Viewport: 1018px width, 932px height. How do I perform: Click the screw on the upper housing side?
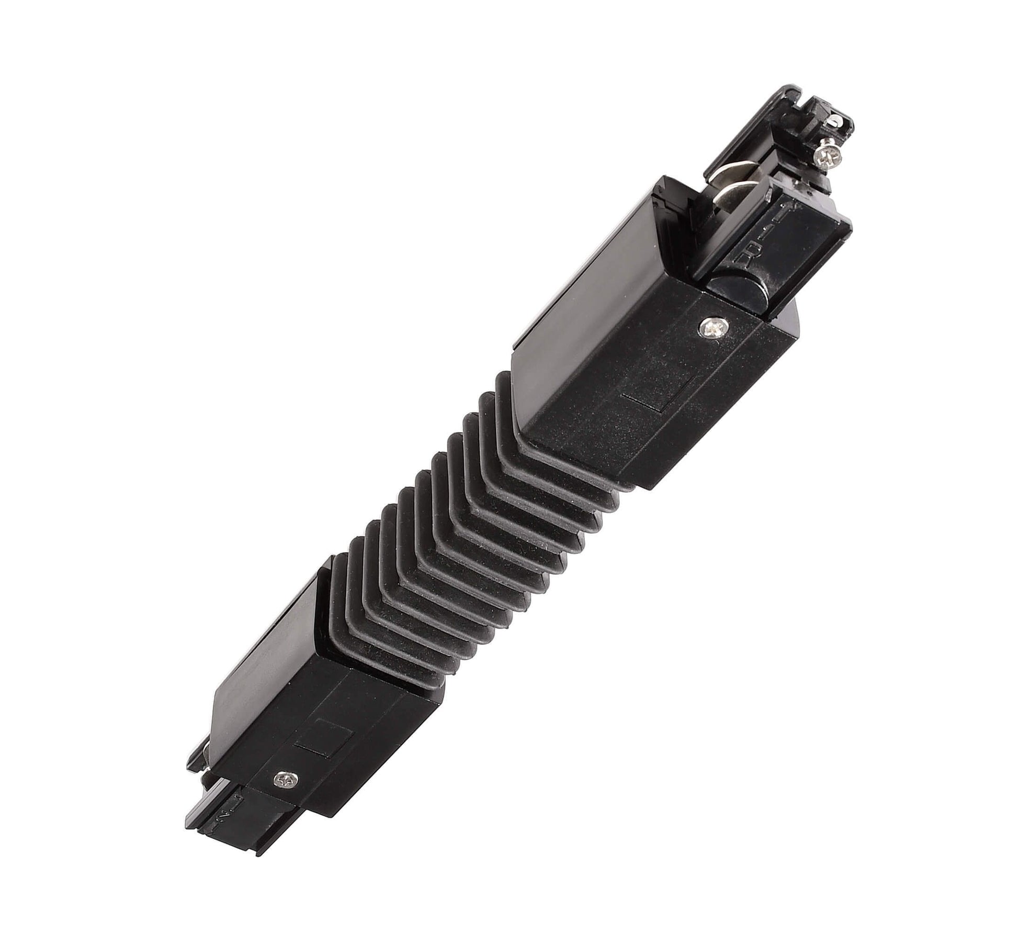[710, 328]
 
